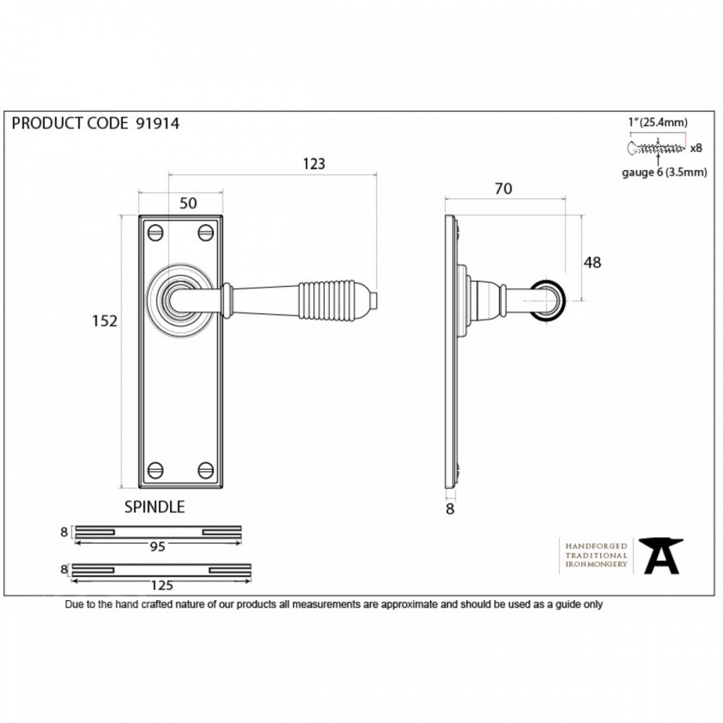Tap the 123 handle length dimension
point(313,164)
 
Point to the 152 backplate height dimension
point(104,321)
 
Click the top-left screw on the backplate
point(155,233)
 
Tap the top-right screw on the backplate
point(206,233)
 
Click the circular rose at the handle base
point(181,299)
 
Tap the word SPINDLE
point(155,507)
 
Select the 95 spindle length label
point(157,547)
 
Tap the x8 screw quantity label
point(696,148)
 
